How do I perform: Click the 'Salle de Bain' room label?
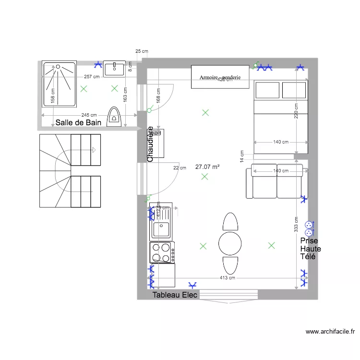point(78,123)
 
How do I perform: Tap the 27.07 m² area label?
point(207,167)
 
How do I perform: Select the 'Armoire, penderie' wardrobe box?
point(220,77)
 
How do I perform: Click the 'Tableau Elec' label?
point(175,295)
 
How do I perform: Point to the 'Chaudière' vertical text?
point(150,144)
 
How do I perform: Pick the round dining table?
point(230,243)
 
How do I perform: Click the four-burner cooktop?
point(162,252)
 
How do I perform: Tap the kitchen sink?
point(162,229)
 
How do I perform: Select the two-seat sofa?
point(275,181)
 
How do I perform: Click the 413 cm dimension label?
point(227,278)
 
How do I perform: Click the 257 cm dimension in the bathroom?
point(92,77)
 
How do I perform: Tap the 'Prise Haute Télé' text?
point(310,249)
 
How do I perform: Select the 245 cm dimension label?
point(88,115)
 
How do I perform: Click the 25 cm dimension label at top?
point(142,51)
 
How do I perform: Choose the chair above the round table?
point(230,222)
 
